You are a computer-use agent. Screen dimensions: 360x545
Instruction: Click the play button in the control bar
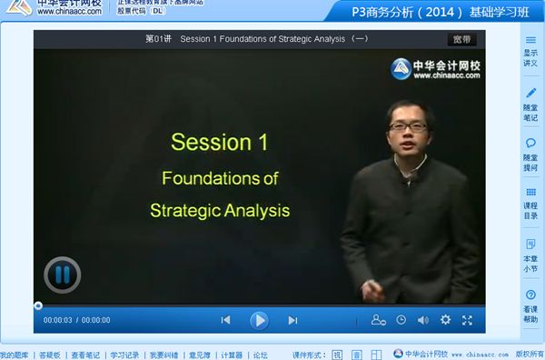[x=259, y=320]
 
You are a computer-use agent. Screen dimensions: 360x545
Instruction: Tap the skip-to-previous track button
[x=225, y=320]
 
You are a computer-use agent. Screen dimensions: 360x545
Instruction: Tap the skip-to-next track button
[x=292, y=320]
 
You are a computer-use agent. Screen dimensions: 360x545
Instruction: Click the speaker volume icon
[x=422, y=320]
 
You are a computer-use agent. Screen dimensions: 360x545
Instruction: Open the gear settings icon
[x=445, y=320]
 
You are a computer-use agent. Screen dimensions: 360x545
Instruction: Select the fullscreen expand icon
[x=467, y=320]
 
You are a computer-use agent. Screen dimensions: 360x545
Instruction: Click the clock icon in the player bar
[x=401, y=320]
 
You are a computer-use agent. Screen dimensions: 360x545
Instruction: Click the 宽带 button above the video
[x=462, y=39]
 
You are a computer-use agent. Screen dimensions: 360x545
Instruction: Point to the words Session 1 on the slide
[x=219, y=142]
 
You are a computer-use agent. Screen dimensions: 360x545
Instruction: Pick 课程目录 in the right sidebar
[x=530, y=204]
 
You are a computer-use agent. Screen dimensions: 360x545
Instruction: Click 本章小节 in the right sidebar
[x=530, y=255]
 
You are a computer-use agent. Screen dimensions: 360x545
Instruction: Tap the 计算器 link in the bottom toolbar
[x=232, y=355]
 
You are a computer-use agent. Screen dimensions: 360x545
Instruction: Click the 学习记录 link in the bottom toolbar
[x=124, y=355]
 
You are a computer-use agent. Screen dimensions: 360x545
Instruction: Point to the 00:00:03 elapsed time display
[x=57, y=320]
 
